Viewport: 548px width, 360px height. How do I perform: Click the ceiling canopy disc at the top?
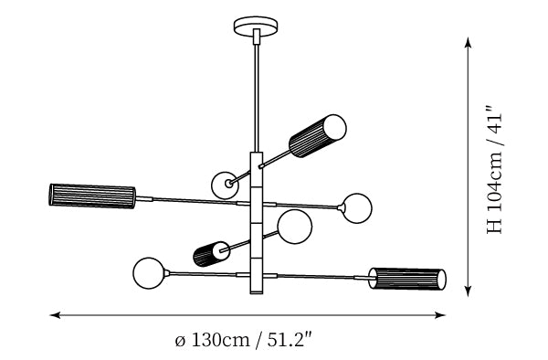tap(257, 26)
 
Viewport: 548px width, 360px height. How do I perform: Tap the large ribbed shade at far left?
tap(92, 196)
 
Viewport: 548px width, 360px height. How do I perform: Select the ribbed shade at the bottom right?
tap(407, 279)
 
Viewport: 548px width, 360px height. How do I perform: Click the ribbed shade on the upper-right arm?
tap(317, 136)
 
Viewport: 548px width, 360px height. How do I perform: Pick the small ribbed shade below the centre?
tap(211, 254)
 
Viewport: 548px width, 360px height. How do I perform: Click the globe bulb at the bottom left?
tap(149, 273)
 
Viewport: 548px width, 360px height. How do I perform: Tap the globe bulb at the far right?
tap(356, 208)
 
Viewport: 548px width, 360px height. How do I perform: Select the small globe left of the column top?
tap(226, 185)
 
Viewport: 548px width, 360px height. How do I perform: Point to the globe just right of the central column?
tap(295, 227)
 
